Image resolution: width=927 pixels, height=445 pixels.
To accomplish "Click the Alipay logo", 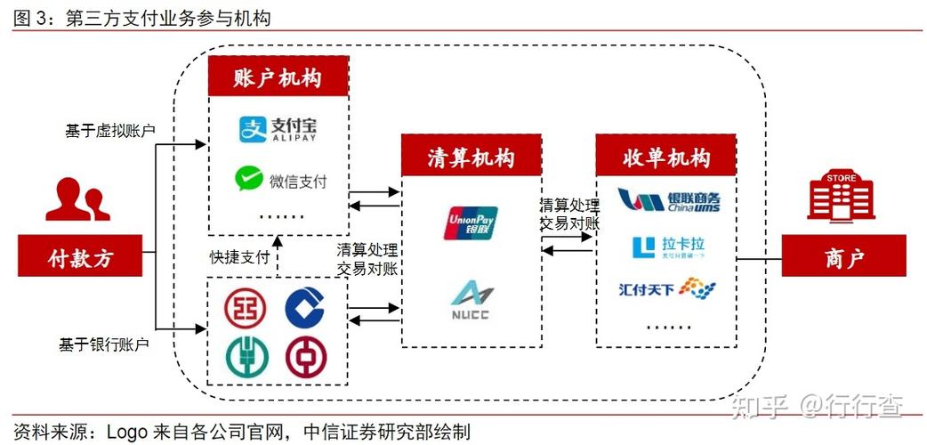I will (x=278, y=130).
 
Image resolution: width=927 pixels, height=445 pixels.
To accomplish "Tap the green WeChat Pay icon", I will (x=249, y=181).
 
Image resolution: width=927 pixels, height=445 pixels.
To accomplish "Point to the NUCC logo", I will (x=470, y=299).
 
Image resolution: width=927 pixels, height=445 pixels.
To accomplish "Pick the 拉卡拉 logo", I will (x=668, y=247).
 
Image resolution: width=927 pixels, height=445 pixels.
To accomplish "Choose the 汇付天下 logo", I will (x=667, y=288).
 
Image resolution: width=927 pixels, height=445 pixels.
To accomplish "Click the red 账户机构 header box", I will (x=278, y=78).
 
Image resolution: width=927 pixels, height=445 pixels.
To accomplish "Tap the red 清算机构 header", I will (x=471, y=158).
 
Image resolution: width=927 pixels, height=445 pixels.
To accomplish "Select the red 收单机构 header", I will (x=666, y=158).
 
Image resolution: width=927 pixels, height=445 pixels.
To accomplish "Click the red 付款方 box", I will (x=80, y=259).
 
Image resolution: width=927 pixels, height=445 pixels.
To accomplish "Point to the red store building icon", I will (x=841, y=197).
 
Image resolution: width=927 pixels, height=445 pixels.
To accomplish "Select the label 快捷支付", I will (x=239, y=257).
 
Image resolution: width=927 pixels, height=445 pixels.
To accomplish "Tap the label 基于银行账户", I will (x=104, y=344).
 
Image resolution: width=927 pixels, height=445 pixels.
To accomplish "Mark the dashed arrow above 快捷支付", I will (x=278, y=255).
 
